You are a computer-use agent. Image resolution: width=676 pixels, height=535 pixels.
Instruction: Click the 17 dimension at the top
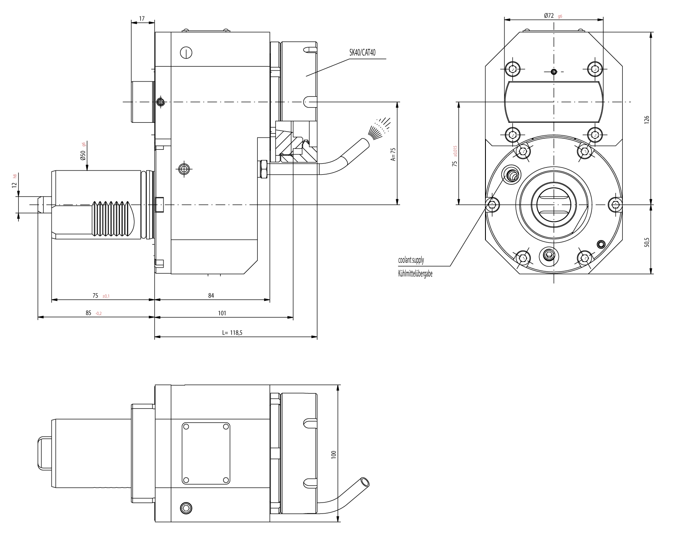click(142, 19)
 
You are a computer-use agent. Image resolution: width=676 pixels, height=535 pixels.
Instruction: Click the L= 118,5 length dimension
click(232, 332)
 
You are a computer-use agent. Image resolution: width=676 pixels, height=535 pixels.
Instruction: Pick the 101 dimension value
click(222, 313)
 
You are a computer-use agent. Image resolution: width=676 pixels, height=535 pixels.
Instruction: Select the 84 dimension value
click(211, 295)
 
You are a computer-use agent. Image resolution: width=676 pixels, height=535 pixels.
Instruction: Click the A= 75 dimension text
click(393, 154)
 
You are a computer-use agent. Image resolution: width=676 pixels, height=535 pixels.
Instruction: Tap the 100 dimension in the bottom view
click(334, 454)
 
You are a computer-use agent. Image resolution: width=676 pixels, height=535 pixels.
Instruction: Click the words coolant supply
click(411, 260)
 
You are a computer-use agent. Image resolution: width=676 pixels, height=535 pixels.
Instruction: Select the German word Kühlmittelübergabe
click(415, 274)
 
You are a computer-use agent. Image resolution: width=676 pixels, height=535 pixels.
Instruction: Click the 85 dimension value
click(88, 313)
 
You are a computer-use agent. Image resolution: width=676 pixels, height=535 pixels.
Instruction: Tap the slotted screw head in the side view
click(186, 52)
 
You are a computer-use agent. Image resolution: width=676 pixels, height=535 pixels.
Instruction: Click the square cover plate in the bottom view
click(206, 453)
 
